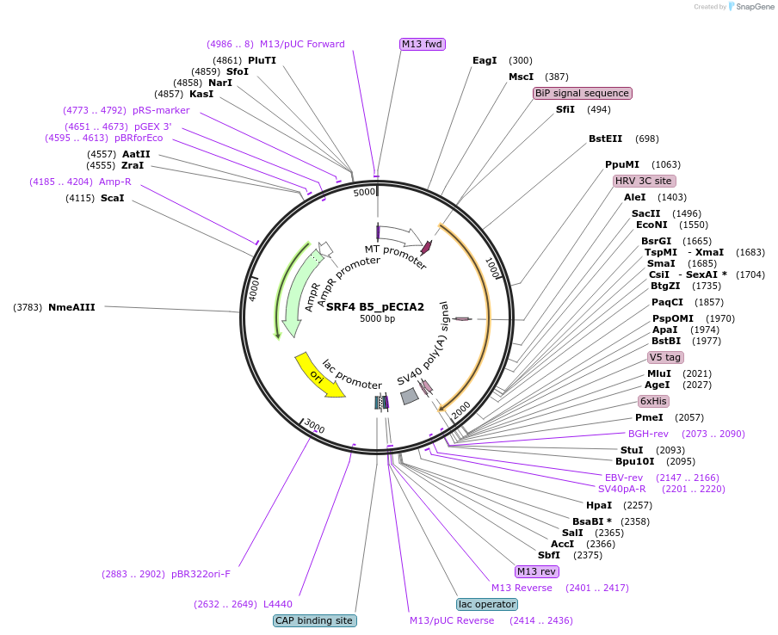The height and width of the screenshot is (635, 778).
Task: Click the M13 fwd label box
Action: coord(423,44)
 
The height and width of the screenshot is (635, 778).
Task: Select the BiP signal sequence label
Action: coord(583,93)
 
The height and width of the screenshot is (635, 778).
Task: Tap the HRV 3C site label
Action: coord(644,181)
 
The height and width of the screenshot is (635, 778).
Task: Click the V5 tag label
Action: coord(665,357)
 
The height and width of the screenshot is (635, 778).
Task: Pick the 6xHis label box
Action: coord(653,401)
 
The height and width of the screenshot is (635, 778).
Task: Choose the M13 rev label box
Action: coord(536,571)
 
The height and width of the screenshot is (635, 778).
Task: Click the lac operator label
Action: coord(487,604)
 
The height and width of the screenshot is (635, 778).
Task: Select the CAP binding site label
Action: coord(315,620)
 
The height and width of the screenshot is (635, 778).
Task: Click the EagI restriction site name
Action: coord(485,60)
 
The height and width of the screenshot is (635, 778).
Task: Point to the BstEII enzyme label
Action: coord(606,139)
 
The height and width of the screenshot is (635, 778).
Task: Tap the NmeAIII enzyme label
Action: coord(71,306)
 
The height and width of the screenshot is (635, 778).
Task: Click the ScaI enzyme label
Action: coord(112,198)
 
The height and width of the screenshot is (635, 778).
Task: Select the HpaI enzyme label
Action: coord(599,505)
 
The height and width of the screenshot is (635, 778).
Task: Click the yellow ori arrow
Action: coord(319,374)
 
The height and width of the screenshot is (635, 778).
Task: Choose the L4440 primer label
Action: coord(278,604)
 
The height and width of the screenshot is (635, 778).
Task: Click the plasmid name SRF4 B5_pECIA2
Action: coord(375,306)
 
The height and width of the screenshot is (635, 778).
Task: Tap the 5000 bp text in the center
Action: coord(377,319)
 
